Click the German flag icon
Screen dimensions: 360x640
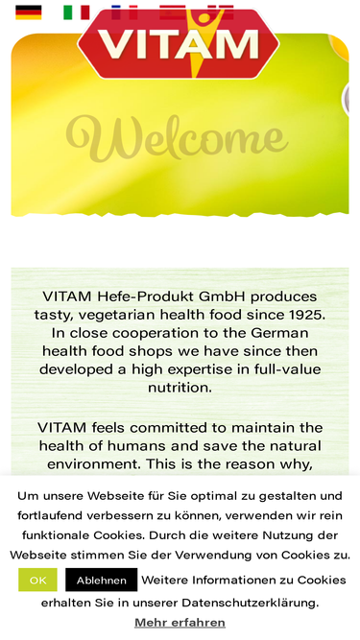coord(29,12)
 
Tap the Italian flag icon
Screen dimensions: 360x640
coord(77,12)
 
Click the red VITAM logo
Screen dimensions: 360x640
coord(179,43)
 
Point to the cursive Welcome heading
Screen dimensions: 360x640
coord(178,137)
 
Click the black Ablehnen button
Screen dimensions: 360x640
coord(101,580)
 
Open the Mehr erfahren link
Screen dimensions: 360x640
coord(180,623)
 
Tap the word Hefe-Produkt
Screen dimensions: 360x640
coord(145,296)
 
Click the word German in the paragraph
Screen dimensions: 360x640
coord(279,333)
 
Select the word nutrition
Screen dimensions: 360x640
coord(180,388)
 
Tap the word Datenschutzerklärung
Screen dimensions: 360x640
coord(250,603)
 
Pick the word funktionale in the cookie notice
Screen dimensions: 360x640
coord(56,534)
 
